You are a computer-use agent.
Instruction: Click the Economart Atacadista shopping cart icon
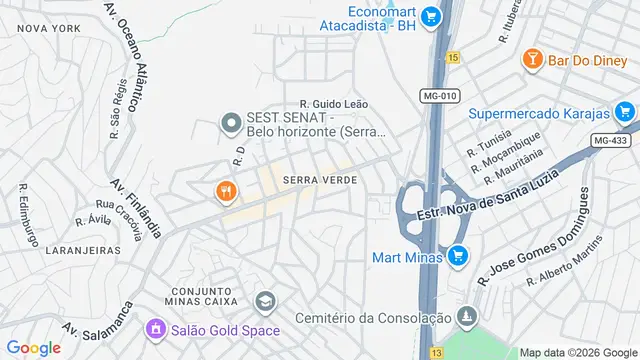pos(431,16)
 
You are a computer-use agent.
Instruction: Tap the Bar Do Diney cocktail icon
pos(533,60)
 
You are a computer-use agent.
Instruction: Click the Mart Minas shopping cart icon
pos(457,256)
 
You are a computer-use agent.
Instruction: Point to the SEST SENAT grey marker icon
pos(231,124)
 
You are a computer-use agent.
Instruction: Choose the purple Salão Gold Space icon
pos(155,328)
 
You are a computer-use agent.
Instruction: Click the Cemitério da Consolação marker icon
pos(464,317)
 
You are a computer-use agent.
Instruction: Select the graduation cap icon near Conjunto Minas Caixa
pos(265,301)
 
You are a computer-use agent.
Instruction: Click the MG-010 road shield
pos(438,95)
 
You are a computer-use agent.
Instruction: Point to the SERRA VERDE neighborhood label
pos(320,180)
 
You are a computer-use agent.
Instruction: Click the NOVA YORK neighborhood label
pos(47,29)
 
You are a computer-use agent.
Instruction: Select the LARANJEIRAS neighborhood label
pos(75,250)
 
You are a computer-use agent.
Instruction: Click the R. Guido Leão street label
pos(334,104)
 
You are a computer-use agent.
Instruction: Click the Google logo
pos(33,347)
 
